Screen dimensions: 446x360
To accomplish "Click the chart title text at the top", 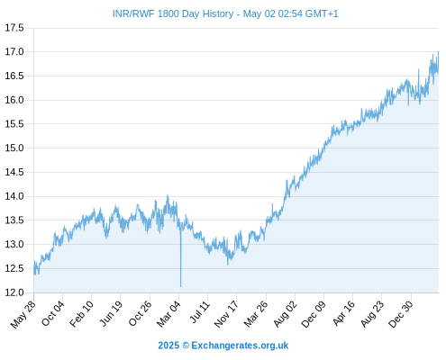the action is pyautogui.click(x=225, y=13).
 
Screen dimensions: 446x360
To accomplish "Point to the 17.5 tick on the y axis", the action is pyautogui.click(x=14, y=28).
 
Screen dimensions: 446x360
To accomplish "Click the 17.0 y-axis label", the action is pyautogui.click(x=14, y=52).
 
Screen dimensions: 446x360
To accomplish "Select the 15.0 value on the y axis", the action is pyautogui.click(x=14, y=148).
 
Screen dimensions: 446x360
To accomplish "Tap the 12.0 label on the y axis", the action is pyautogui.click(x=14, y=292).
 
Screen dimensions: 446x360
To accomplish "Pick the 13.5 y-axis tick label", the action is pyautogui.click(x=14, y=220).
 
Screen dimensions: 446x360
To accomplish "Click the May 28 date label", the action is pyautogui.click(x=23, y=314).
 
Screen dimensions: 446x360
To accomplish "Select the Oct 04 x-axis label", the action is pyautogui.click(x=53, y=313).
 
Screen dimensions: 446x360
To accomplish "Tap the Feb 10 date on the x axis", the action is pyautogui.click(x=82, y=314).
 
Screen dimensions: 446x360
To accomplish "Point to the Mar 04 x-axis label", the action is pyautogui.click(x=168, y=314).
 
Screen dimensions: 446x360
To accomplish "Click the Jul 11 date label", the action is pyautogui.click(x=200, y=312).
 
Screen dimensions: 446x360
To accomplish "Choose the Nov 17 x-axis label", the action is pyautogui.click(x=226, y=314).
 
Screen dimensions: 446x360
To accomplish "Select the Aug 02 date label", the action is pyautogui.click(x=286, y=314).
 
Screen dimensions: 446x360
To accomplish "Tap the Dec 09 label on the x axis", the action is pyautogui.click(x=314, y=314).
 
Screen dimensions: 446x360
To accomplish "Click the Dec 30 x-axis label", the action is pyautogui.click(x=401, y=314).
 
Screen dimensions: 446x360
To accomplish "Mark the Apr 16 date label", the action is pyautogui.click(x=344, y=313).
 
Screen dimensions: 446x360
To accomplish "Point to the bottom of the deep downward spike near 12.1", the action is pyautogui.click(x=180, y=286).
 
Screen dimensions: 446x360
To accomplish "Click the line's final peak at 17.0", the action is pyautogui.click(x=438, y=52).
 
